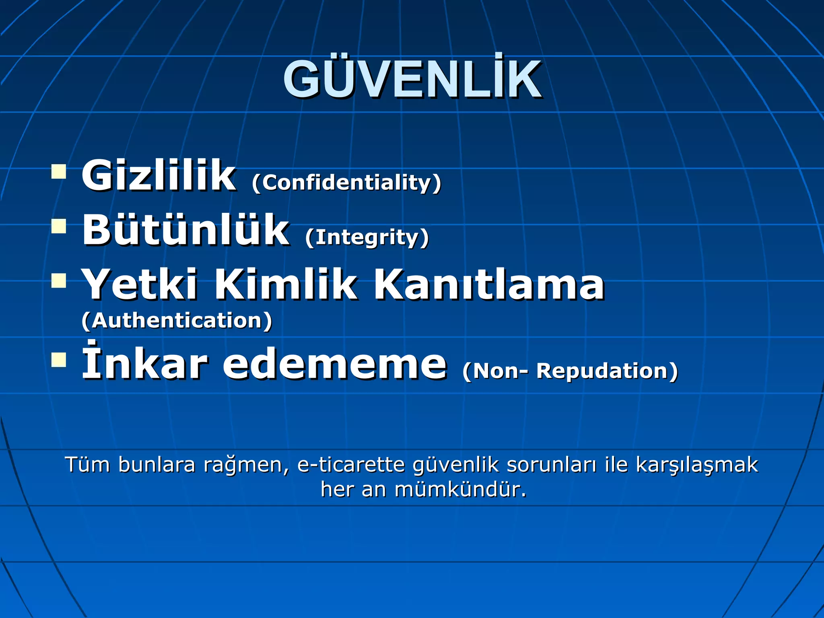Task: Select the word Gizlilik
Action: [159, 175]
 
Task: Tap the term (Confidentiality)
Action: [346, 183]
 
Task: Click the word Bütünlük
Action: [185, 230]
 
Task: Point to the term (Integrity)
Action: [367, 237]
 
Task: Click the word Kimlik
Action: [286, 284]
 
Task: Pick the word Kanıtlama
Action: [489, 284]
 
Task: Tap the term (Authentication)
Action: [177, 321]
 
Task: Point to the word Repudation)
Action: [607, 371]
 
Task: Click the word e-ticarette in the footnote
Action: [351, 465]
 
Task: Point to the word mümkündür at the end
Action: [460, 490]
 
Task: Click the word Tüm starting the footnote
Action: [87, 465]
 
